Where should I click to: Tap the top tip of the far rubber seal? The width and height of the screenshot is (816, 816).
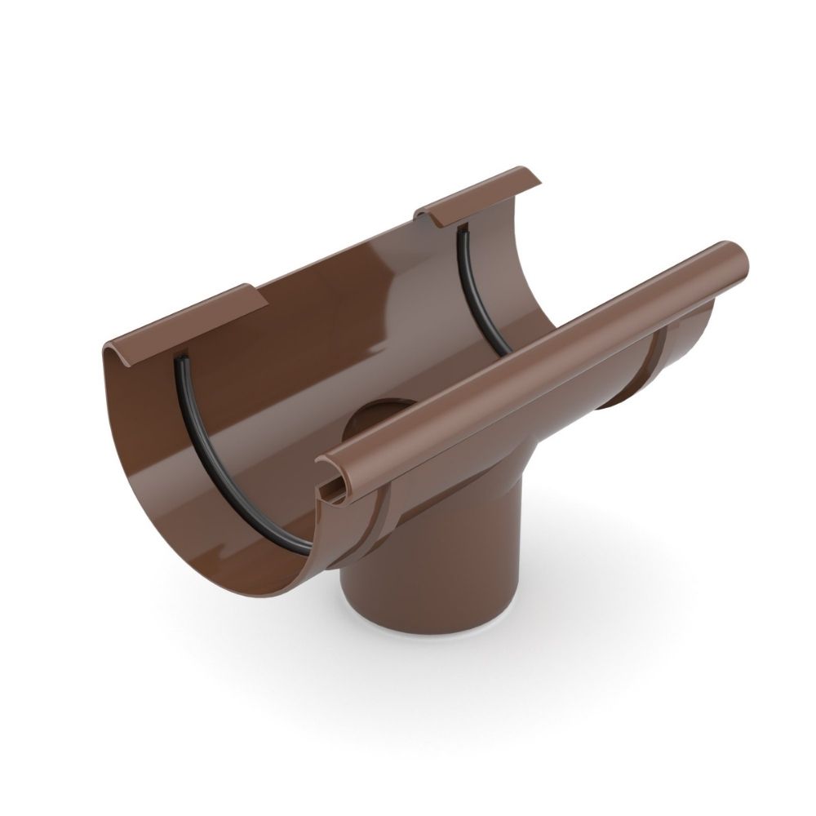coord(462,228)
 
